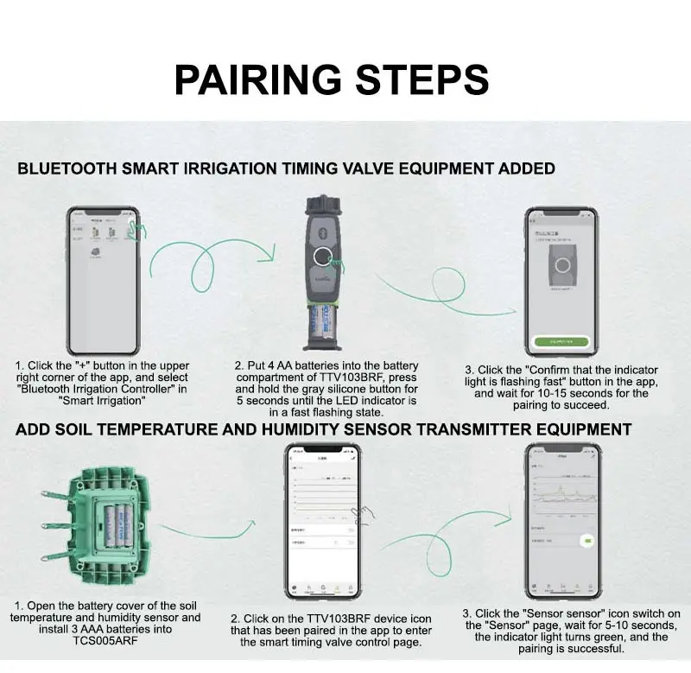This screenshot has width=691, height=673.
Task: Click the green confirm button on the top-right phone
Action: click(561, 342)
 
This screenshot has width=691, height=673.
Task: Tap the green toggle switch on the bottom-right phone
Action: click(588, 542)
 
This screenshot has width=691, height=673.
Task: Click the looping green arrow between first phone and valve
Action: click(207, 267)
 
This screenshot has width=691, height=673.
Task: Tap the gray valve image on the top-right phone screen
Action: click(561, 273)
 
